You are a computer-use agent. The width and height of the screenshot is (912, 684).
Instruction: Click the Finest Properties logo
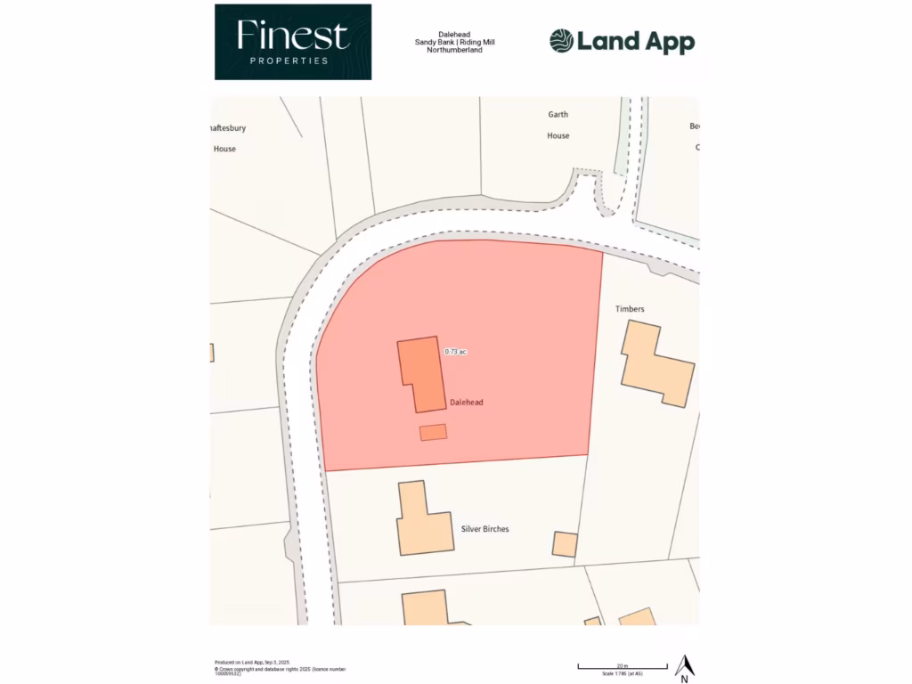292,42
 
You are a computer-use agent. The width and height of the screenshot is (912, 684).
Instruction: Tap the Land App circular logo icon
561,41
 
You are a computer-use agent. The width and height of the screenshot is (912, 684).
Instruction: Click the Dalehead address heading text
455,34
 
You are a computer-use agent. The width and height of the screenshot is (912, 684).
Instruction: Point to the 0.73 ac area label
455,352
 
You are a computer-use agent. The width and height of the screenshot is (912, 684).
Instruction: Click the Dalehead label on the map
467,403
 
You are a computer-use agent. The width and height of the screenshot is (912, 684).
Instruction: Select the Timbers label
629,309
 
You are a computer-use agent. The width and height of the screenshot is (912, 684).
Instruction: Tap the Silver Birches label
484,529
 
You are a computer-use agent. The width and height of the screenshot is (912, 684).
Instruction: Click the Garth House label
558,125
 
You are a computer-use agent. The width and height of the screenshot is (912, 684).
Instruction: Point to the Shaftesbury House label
225,138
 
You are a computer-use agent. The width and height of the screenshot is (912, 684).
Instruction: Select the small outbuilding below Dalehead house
433,432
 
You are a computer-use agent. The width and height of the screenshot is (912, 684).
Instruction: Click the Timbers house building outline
657,365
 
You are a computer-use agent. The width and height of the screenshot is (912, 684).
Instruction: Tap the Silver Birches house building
422,522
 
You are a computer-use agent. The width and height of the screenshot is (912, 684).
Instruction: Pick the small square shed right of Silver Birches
565,544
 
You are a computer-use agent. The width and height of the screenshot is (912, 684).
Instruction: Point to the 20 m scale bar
623,666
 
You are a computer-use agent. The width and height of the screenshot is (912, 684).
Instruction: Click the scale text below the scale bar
623,674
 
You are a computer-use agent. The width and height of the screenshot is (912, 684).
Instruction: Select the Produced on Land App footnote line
253,663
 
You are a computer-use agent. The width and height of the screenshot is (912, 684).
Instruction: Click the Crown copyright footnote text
280,670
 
